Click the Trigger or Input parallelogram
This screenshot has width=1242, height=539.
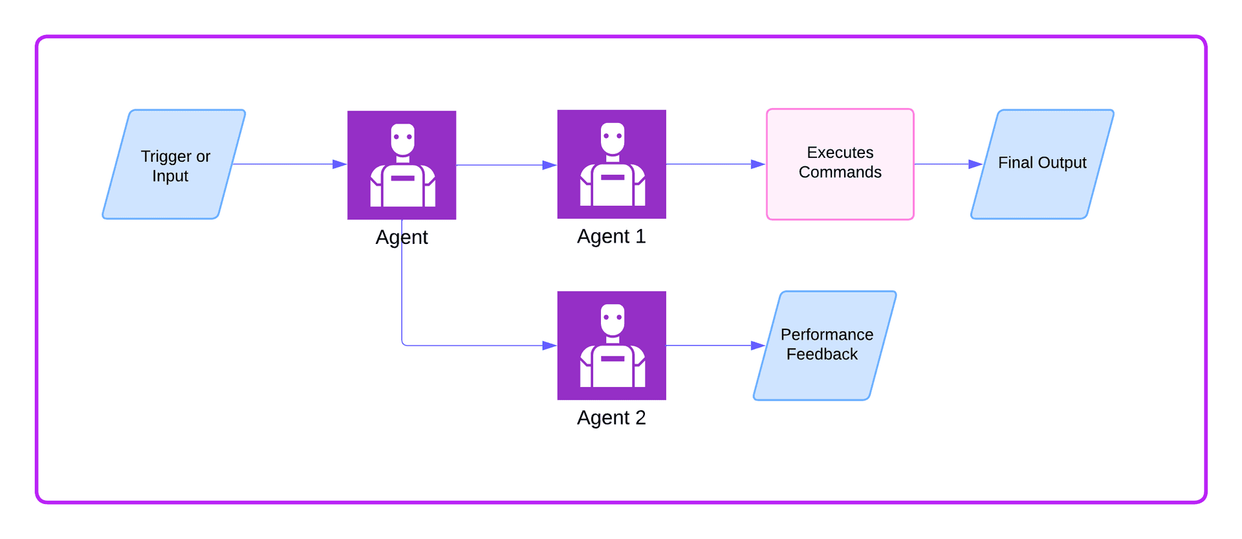[x=173, y=164]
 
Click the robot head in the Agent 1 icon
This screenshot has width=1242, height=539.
[x=612, y=138]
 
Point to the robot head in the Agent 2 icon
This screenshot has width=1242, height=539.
[x=612, y=319]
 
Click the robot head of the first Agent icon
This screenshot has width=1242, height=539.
[x=402, y=139]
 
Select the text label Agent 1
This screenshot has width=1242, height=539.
[x=611, y=237]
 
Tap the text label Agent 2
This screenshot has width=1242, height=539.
[x=611, y=418]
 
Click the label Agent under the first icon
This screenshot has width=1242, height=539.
[x=402, y=237]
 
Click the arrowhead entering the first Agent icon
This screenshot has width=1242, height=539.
[x=340, y=164]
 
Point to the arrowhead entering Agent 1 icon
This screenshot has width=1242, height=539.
[x=549, y=165]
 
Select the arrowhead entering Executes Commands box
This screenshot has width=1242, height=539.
[x=758, y=164]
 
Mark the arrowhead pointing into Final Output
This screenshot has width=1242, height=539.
[x=975, y=164]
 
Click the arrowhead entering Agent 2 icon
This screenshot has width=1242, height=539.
[x=549, y=346]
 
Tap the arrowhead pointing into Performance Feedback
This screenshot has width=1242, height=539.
[x=758, y=346]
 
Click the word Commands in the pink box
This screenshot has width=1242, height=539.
[x=840, y=173]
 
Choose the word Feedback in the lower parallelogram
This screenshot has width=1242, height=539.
[x=822, y=355]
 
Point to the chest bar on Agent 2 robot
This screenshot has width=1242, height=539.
[x=612, y=358]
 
